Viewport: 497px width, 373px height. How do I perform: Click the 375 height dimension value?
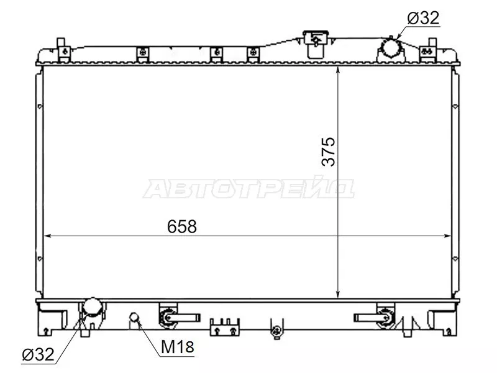[x=329, y=150]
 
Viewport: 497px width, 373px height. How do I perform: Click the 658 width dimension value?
[x=181, y=227]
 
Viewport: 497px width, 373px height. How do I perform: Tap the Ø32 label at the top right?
[x=423, y=18]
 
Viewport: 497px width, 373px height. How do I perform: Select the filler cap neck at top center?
[x=315, y=39]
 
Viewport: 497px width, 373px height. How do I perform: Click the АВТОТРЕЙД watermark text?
[x=248, y=188]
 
